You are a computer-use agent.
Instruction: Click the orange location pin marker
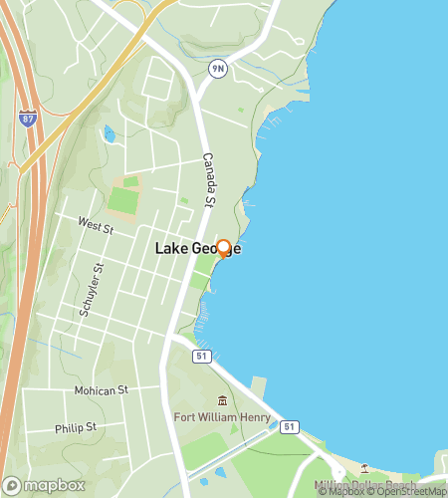pos(224,249)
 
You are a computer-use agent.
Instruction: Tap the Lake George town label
pos(197,249)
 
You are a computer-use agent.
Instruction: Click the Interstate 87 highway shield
pos(26,118)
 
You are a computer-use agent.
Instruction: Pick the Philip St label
pos(76,427)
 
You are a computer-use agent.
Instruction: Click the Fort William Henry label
pos(223,416)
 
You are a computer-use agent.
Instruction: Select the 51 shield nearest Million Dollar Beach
pos(290,426)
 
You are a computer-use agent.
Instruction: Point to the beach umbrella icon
pos(365,469)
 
